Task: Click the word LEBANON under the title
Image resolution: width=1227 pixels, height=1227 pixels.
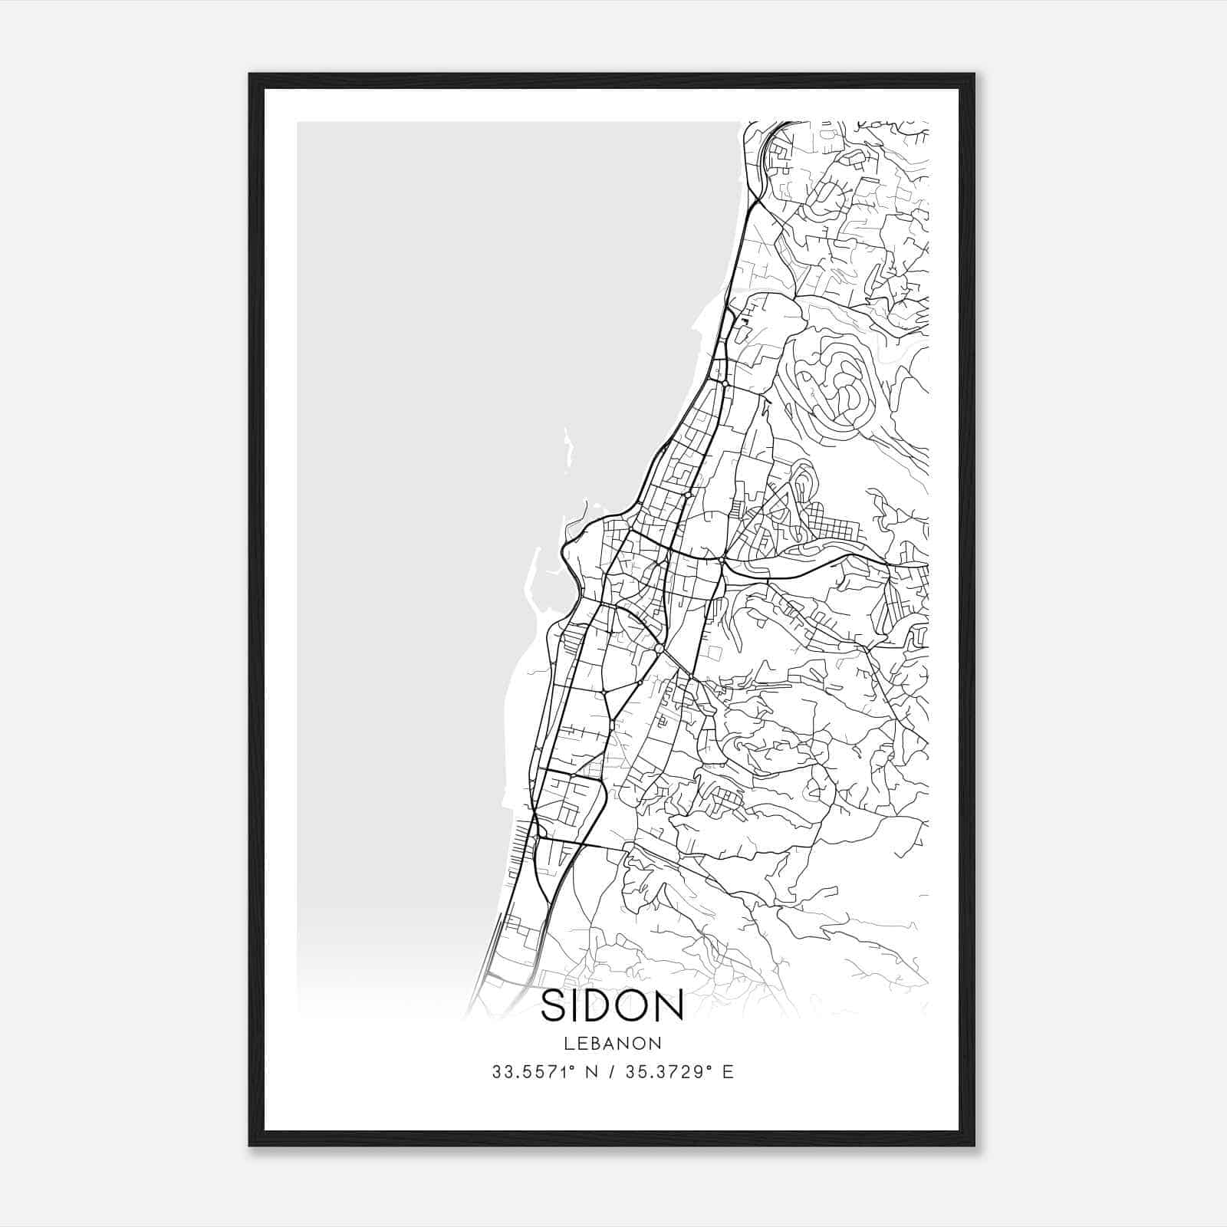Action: point(613,1044)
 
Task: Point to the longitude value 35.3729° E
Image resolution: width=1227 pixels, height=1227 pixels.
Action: point(679,1072)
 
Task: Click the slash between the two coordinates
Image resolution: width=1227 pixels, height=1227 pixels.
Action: point(611,1072)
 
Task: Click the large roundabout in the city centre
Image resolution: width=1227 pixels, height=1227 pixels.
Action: point(659,649)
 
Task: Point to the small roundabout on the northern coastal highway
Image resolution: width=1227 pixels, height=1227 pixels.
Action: point(725,381)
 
